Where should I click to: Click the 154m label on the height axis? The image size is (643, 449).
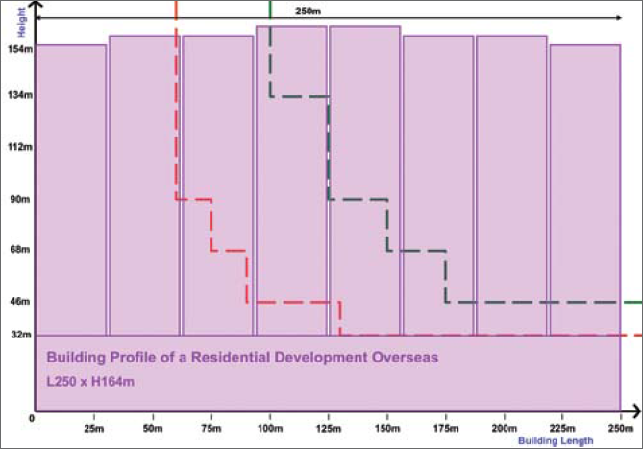[x=19, y=48]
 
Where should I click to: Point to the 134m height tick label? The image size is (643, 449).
[x=19, y=96]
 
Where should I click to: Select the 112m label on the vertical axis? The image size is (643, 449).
[x=19, y=147]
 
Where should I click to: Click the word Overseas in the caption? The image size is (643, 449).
[x=405, y=357]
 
